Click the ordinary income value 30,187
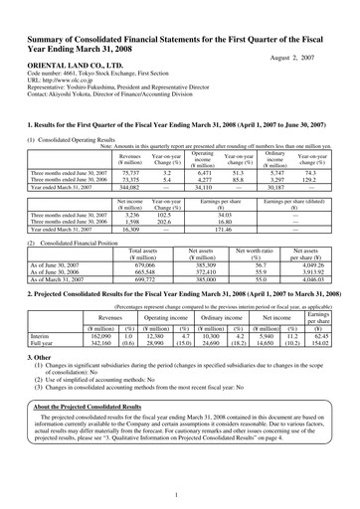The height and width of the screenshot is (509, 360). pyautogui.click(x=275, y=186)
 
